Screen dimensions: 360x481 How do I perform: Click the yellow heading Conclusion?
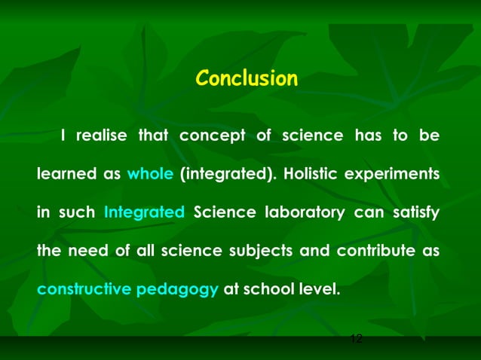[247, 78]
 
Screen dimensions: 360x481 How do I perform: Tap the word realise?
[101, 136]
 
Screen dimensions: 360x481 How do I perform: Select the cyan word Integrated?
[144, 212]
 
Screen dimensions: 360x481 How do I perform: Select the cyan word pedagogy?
[178, 288]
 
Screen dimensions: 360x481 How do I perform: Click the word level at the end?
[317, 287]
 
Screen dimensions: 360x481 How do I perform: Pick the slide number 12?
[357, 339]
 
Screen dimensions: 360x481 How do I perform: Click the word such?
[75, 212]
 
